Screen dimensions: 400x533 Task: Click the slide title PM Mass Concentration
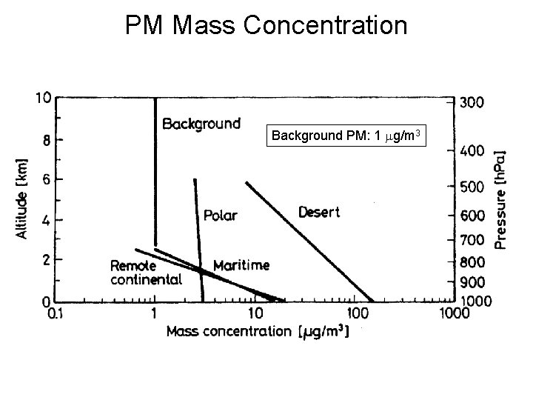266,25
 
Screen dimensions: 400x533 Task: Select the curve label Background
201,123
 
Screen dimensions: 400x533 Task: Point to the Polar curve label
220,216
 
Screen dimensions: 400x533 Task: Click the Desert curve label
319,213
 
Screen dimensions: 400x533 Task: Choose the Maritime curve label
241,265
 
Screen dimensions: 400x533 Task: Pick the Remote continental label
146,273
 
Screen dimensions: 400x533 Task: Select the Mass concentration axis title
257,331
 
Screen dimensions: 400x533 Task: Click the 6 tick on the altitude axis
46,179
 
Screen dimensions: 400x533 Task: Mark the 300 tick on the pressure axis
472,103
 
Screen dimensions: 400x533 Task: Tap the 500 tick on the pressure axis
472,188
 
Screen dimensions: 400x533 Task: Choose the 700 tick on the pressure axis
472,241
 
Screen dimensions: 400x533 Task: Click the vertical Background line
155,170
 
